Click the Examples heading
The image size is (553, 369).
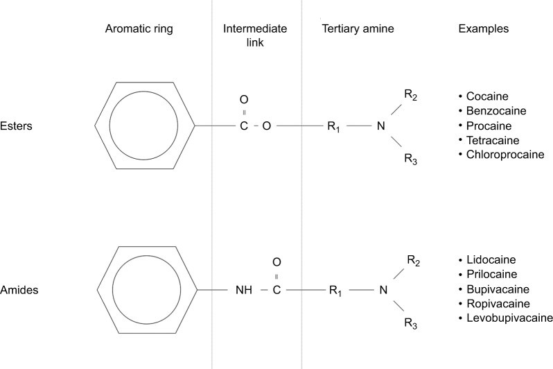pyautogui.click(x=484, y=29)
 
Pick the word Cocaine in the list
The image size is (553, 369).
pyautogui.click(x=487, y=97)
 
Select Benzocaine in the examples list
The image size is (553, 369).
pyautogui.click(x=495, y=111)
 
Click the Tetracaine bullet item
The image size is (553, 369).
pyautogui.click(x=493, y=140)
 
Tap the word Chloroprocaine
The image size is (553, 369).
pyautogui.click(x=504, y=154)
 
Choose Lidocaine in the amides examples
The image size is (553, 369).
pyautogui.click(x=491, y=259)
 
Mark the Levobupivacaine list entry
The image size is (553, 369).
pyautogui.click(x=508, y=318)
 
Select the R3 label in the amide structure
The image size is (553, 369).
pyautogui.click(x=410, y=324)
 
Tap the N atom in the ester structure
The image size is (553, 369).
pyautogui.click(x=380, y=127)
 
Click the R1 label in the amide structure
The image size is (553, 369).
pyautogui.click(x=335, y=291)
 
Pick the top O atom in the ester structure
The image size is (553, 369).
pyautogui.click(x=243, y=99)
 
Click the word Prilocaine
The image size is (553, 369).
pyautogui.click(x=491, y=274)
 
